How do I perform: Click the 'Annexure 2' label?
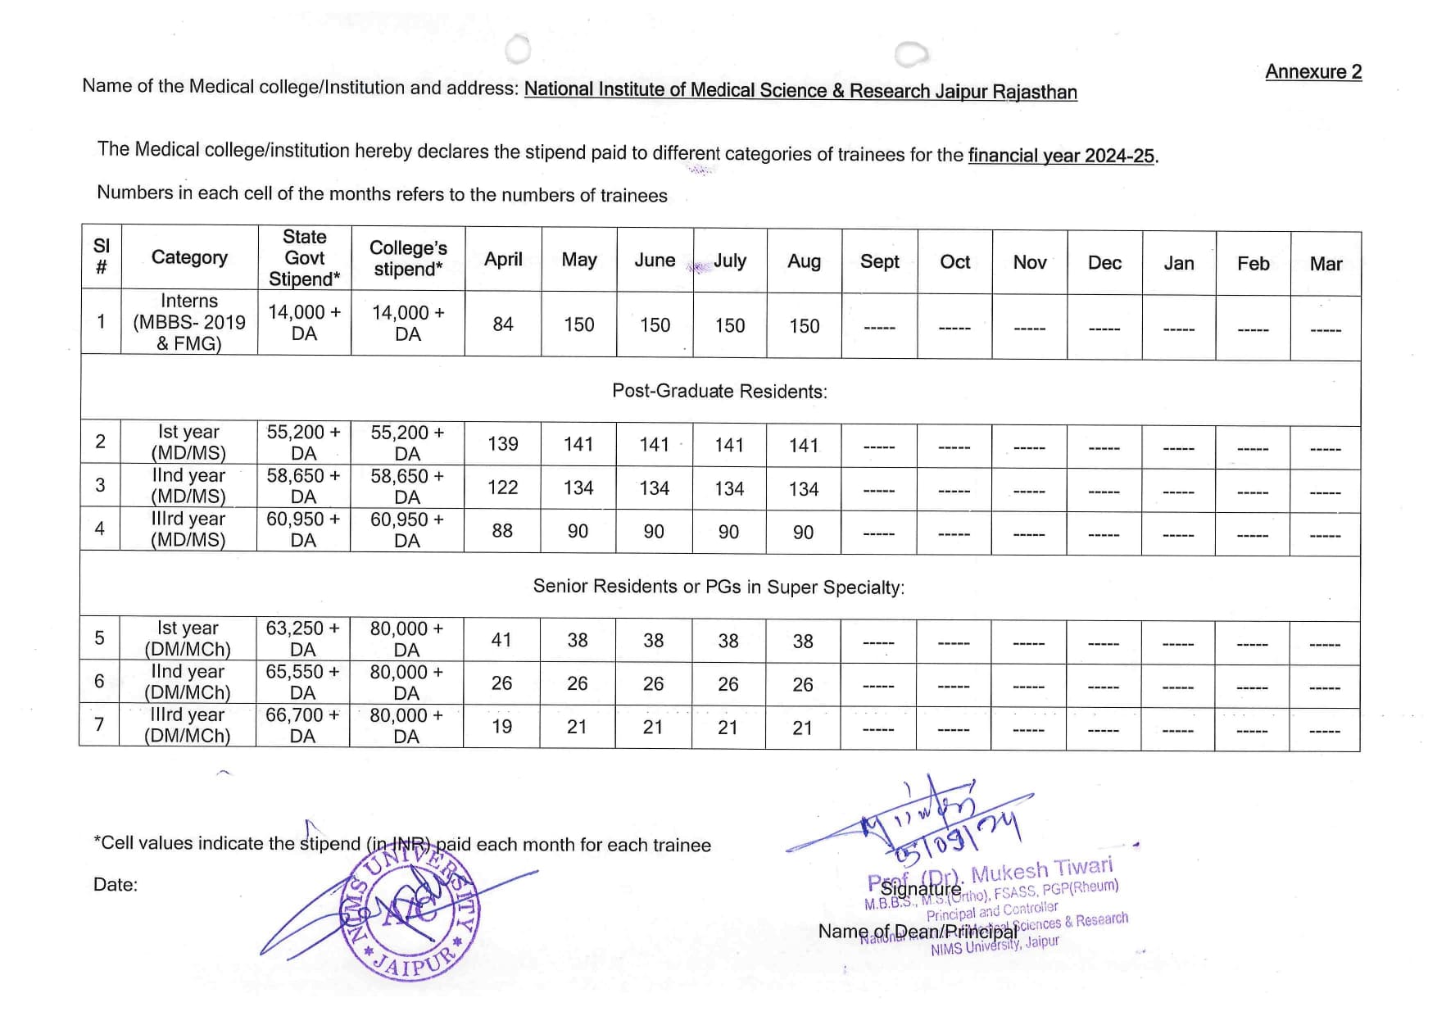[1313, 72]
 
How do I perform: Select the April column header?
[503, 260]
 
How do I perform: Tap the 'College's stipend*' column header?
[408, 258]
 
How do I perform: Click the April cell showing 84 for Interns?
[503, 324]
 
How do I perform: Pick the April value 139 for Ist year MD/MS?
[503, 444]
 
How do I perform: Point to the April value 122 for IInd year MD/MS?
[503, 488]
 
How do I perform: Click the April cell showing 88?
[502, 531]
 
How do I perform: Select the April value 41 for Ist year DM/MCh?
[501, 640]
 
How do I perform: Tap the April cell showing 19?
[501, 727]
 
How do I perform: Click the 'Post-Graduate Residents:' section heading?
[719, 392]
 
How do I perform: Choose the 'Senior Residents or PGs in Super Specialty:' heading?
[718, 587]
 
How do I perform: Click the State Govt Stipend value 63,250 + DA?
[302, 639]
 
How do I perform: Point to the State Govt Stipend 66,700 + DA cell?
[302, 725]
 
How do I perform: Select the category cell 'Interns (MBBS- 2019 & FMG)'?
[189, 323]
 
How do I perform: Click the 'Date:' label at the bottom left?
[116, 885]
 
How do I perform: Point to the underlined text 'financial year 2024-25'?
[1061, 156]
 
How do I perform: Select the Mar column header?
[1326, 264]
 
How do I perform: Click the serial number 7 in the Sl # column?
[99, 724]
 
